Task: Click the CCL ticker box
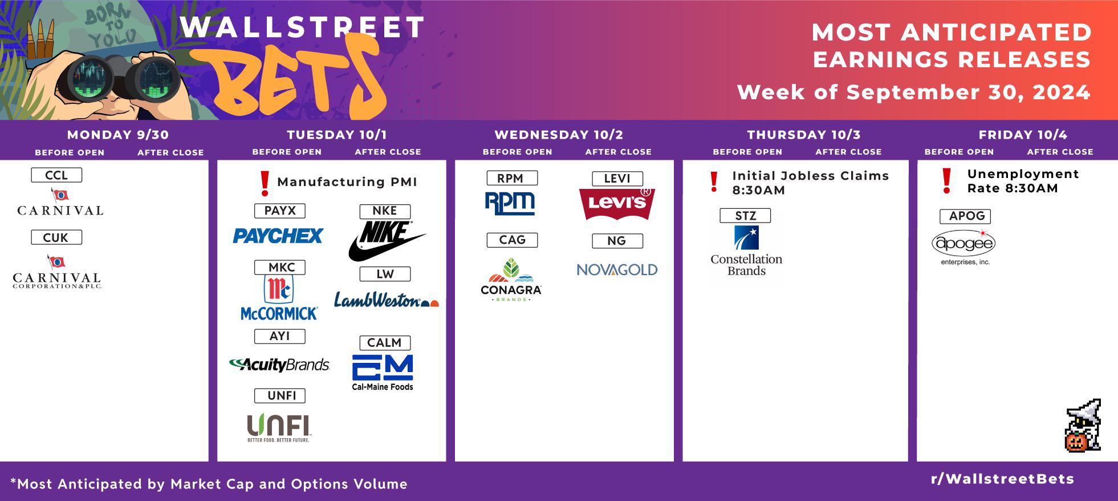(56, 175)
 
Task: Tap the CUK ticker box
(56, 237)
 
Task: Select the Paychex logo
(278, 236)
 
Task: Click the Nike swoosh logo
(387, 241)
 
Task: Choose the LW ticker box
(385, 274)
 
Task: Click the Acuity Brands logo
(279, 364)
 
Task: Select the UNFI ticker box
(279, 395)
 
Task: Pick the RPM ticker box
(512, 178)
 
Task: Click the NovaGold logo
(617, 269)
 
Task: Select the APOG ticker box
(965, 216)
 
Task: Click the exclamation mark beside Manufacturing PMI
(265, 183)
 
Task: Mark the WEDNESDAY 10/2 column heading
(559, 135)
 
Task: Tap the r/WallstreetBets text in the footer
(1002, 479)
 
